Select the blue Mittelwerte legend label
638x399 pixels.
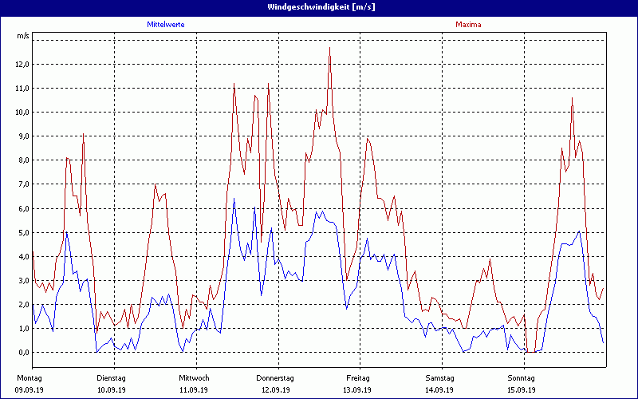(166, 25)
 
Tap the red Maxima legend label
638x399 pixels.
(468, 25)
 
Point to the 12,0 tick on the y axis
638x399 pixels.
(22, 65)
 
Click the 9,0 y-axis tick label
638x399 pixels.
(23, 136)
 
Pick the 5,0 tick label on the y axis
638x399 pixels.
(23, 232)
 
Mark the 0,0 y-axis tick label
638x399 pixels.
(23, 352)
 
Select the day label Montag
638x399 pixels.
(29, 377)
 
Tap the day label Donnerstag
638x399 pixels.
(275, 377)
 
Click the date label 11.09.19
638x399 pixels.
(194, 389)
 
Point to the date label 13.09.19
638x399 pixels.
(358, 389)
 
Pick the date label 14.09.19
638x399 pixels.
(440, 389)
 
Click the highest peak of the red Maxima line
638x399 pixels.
(329, 48)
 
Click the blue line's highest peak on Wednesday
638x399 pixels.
(234, 199)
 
